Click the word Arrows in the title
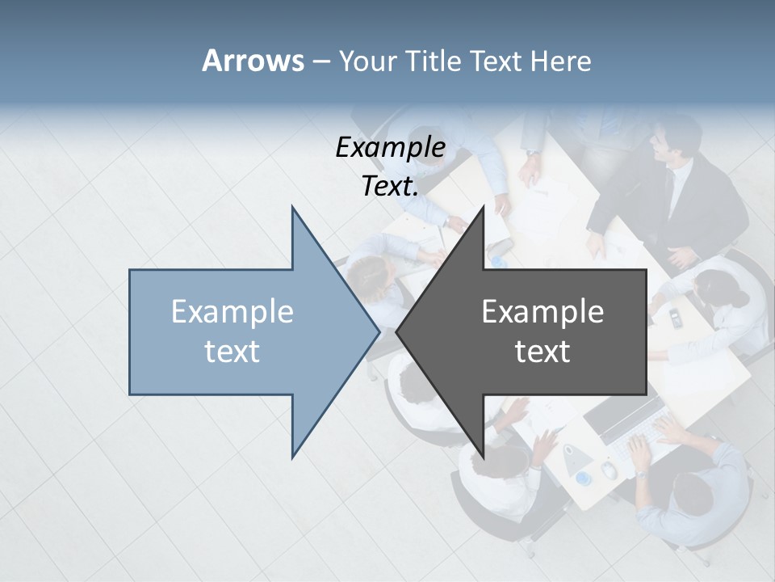point(252,61)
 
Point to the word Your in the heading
point(364,61)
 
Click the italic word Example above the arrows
point(390,147)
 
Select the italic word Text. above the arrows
point(390,186)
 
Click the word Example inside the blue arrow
point(232,311)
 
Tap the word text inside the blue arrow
point(232,351)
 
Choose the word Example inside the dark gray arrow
point(542,311)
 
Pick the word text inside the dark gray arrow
point(542,351)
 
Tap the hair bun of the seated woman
point(736,297)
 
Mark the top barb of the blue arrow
point(293,209)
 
